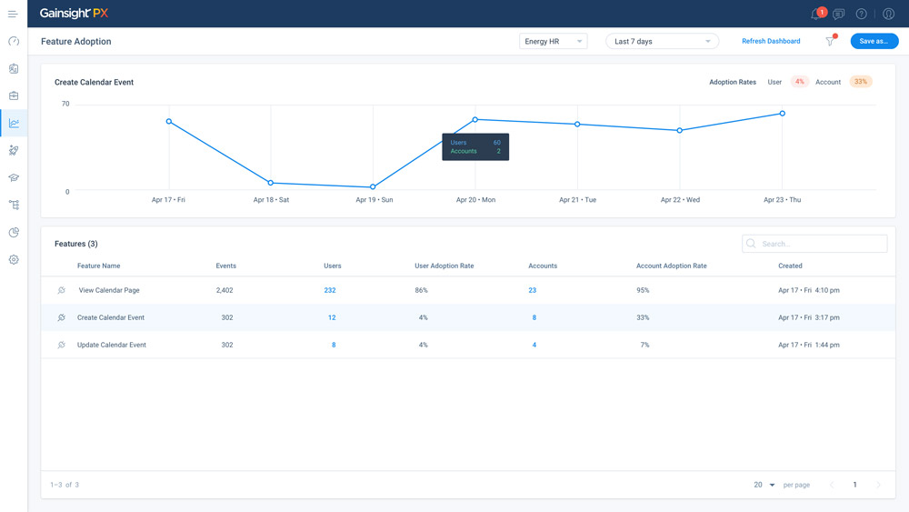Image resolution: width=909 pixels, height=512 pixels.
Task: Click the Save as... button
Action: [x=874, y=41]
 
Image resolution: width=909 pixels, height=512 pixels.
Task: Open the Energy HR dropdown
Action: [x=553, y=41]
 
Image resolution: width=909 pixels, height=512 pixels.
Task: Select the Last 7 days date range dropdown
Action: [x=662, y=41]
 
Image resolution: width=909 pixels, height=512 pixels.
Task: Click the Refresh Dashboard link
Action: [x=771, y=41]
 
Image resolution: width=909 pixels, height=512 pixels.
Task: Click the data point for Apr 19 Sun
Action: [x=373, y=186]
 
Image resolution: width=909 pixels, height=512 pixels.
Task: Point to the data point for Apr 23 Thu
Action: [x=782, y=113]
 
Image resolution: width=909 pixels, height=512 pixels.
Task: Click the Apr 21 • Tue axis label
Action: [x=577, y=199]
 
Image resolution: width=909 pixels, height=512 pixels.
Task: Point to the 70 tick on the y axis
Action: [x=65, y=104]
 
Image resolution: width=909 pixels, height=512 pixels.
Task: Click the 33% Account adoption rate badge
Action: [x=861, y=82]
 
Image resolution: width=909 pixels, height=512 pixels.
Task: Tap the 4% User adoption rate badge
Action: [x=799, y=82]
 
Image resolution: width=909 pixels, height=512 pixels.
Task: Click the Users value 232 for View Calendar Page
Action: [x=330, y=290]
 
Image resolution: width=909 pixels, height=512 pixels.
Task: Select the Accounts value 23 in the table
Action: [x=532, y=290]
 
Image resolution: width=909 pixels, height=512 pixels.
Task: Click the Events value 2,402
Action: [x=225, y=290]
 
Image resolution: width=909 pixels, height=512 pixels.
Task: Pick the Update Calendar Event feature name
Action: [x=111, y=345]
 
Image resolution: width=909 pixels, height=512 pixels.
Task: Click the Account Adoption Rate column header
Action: [x=672, y=266]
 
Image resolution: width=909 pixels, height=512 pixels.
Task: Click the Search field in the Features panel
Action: [x=814, y=244]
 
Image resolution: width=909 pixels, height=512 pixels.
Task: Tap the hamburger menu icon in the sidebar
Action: [x=13, y=14]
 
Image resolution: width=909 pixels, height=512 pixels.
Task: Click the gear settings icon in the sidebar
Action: [x=14, y=260]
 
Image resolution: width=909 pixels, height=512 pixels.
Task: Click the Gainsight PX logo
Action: [x=74, y=14]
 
